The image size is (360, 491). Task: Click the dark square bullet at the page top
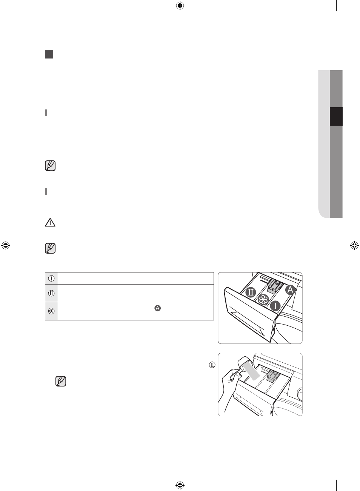(49, 54)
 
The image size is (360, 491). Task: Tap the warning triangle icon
(50, 222)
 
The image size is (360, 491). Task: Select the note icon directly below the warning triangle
(50, 248)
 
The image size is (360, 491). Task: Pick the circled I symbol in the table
(51, 279)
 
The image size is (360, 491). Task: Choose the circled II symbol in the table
(51, 293)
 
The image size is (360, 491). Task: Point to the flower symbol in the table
(51, 311)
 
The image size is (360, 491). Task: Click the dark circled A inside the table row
(157, 308)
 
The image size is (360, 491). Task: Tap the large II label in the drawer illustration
(251, 292)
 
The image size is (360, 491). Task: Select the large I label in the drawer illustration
(275, 306)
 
